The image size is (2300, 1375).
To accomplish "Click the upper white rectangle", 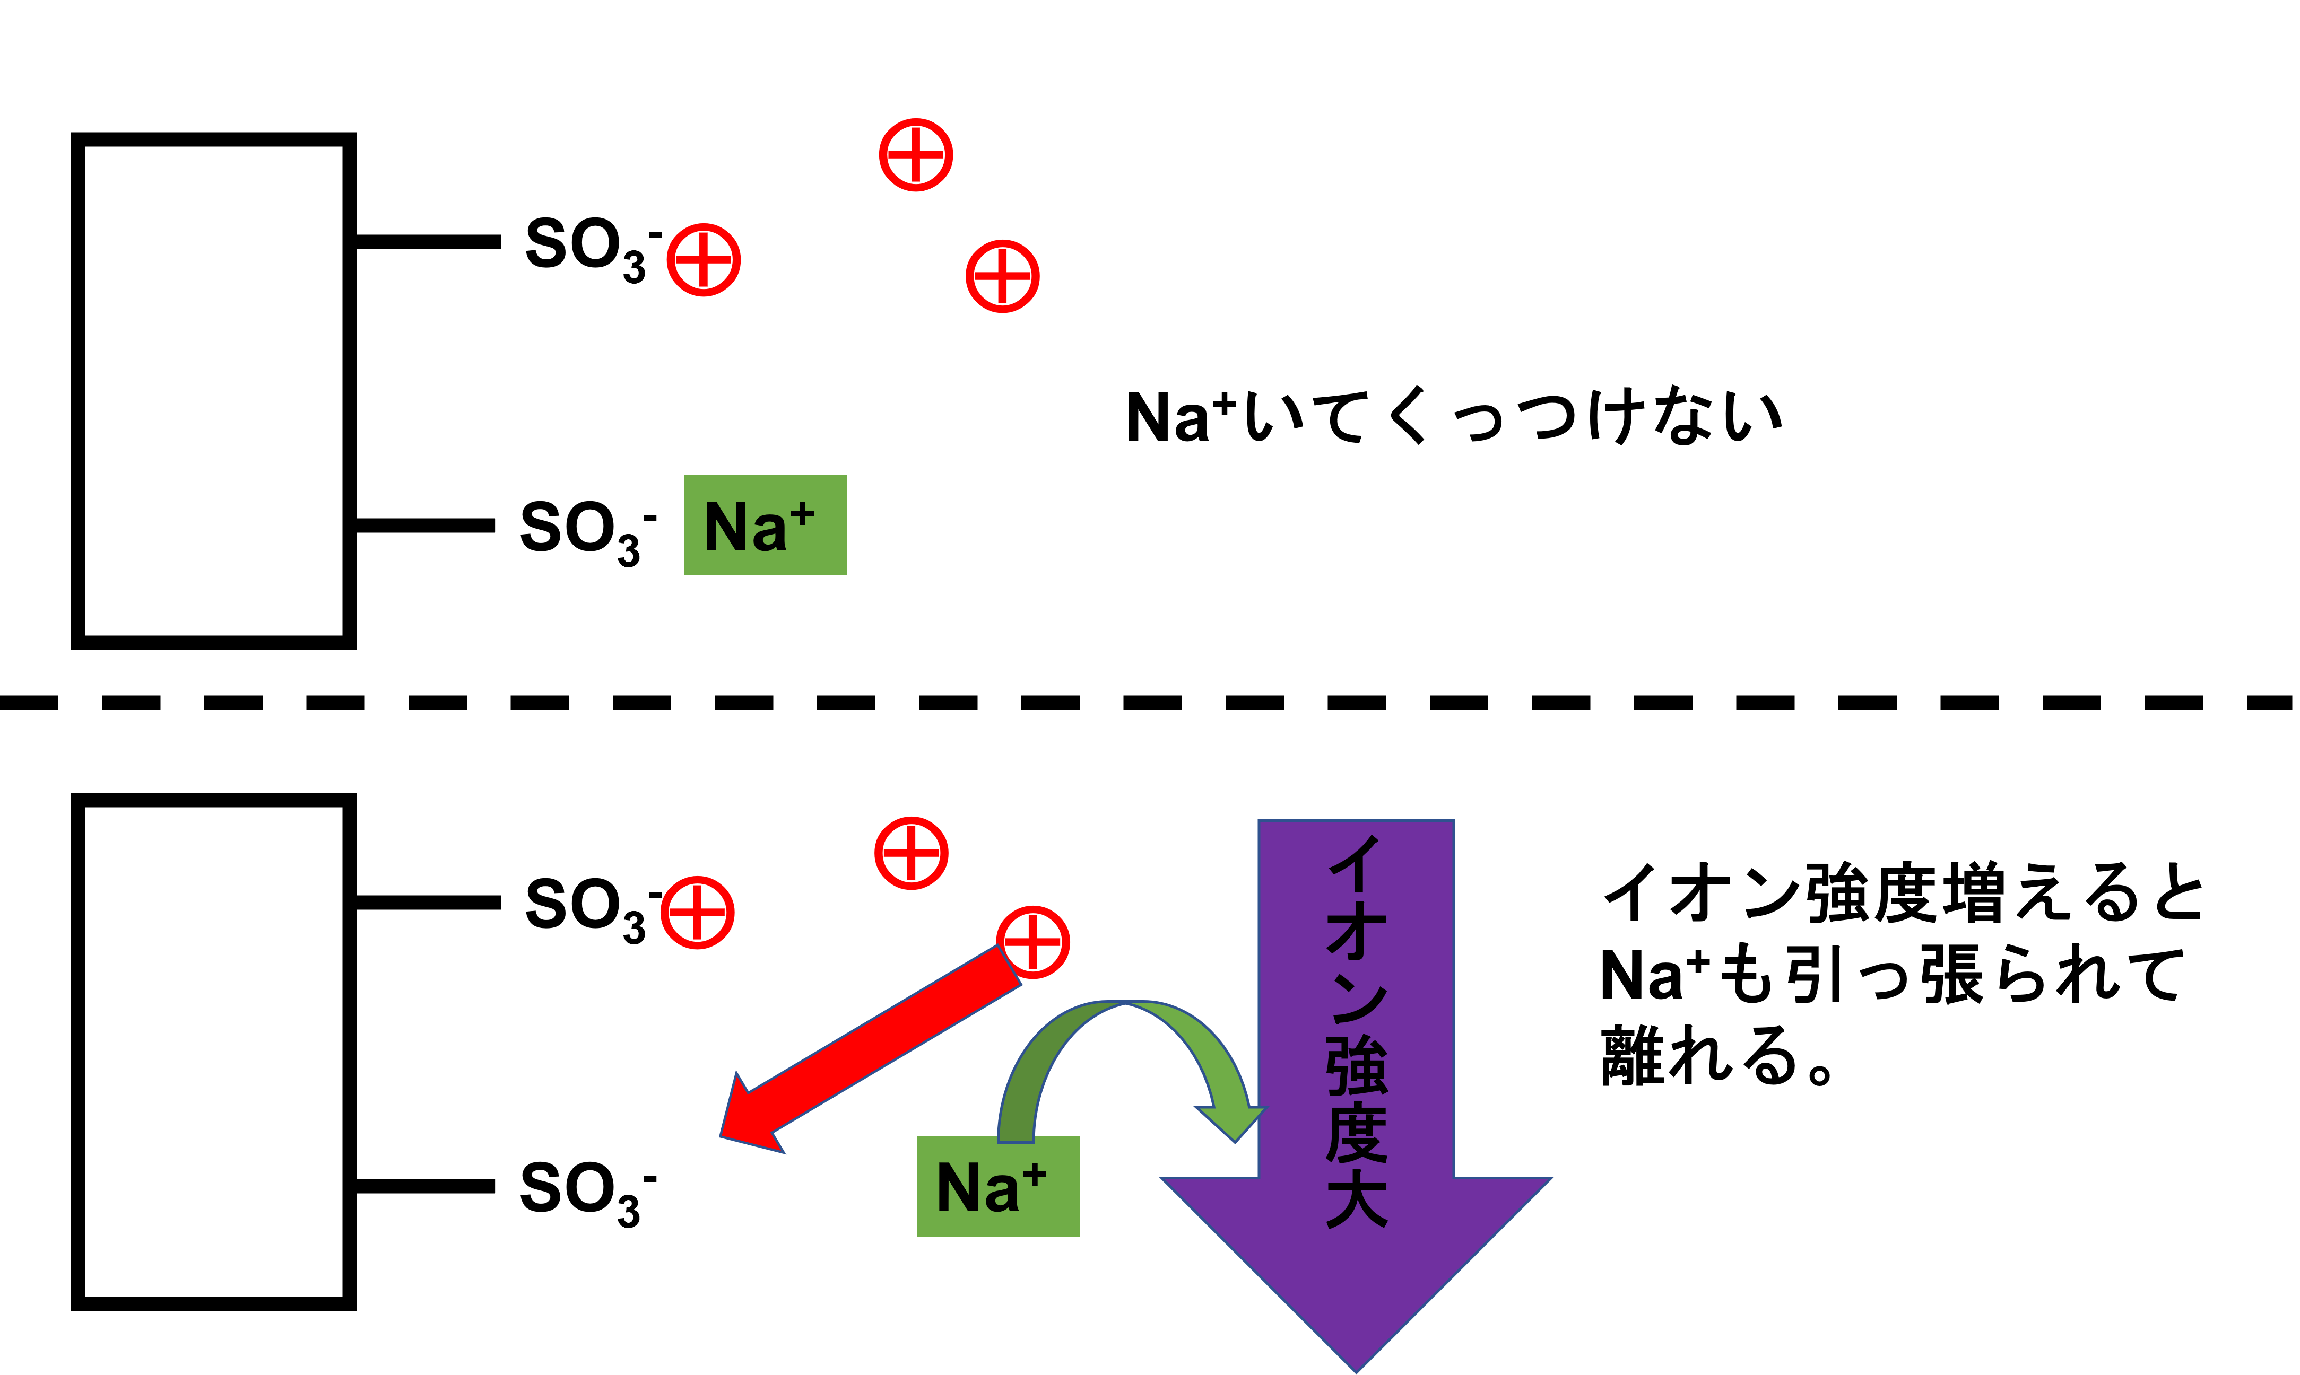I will [x=213, y=390].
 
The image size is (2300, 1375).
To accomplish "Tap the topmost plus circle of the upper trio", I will [x=916, y=155].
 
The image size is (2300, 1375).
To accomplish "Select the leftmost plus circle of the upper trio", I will [x=704, y=259].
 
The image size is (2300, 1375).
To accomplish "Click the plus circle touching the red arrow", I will [x=1032, y=942].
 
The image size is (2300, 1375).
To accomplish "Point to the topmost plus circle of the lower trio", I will [x=912, y=853].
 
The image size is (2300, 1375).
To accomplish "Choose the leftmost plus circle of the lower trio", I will [x=697, y=913].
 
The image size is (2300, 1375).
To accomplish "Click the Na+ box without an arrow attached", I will [x=765, y=526].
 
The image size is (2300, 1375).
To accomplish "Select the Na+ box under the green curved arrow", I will [x=997, y=1186].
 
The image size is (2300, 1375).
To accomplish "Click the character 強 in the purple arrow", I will [x=1356, y=1065].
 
